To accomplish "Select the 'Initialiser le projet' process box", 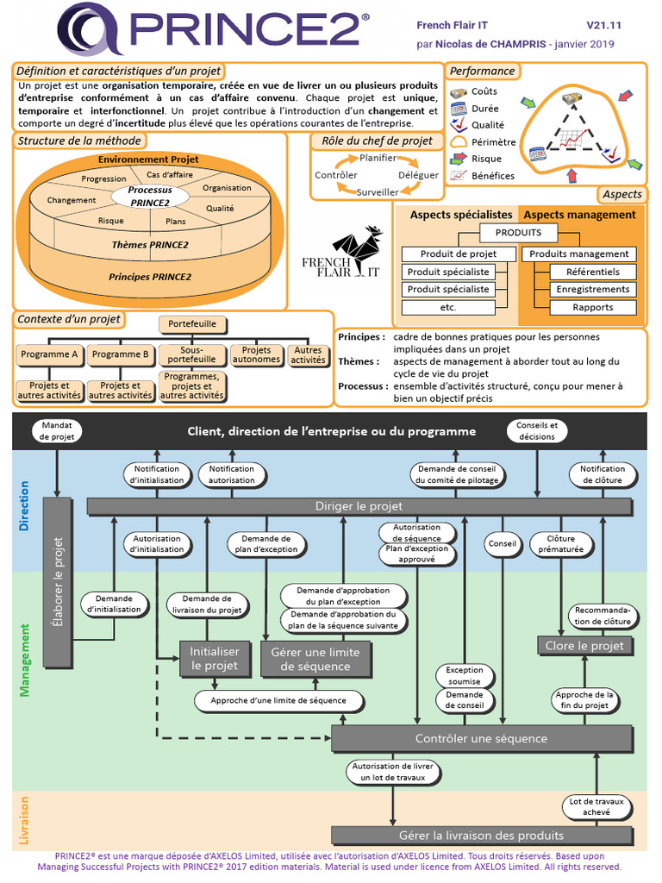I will coord(214,659).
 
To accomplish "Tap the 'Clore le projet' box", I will coord(585,645).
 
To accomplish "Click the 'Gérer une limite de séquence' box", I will coord(316,659).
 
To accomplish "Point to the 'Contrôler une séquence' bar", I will coord(480,738).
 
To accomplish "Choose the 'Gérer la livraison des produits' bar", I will coord(480,835).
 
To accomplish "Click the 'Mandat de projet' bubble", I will coord(58,430).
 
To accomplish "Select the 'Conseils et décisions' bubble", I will coord(537,430).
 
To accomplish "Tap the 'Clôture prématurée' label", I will coord(560,543).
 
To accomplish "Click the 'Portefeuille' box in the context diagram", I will coord(192,324).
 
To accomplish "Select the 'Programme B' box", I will coord(121,354).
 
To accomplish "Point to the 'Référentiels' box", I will coord(593,272).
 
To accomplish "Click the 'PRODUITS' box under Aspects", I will coord(518,232).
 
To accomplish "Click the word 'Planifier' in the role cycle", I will coord(378,158).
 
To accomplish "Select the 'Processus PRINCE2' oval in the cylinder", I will coord(149,196).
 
